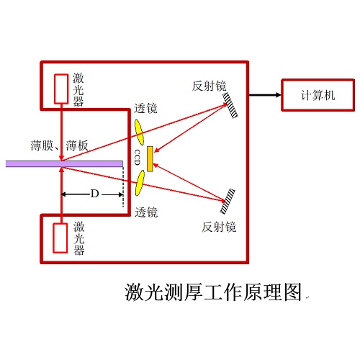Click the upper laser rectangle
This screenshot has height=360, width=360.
click(x=61, y=89)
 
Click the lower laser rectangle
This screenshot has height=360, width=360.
click(x=60, y=238)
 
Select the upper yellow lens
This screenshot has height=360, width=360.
click(x=139, y=132)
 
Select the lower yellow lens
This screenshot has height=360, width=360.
click(x=140, y=183)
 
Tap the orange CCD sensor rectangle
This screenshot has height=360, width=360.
click(x=150, y=158)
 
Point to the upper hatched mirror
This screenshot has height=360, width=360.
click(x=230, y=105)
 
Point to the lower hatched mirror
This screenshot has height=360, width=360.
click(x=228, y=201)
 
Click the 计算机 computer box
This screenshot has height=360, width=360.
click(x=318, y=95)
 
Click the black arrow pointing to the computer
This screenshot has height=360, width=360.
click(x=265, y=95)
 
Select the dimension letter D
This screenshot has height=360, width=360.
click(x=94, y=194)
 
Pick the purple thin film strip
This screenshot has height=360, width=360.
click(x=64, y=164)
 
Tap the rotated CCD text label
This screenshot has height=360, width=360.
click(x=138, y=158)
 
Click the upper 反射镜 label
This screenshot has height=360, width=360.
click(x=209, y=86)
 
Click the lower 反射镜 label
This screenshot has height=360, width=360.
click(x=219, y=227)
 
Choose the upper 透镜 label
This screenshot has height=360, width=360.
click(x=146, y=108)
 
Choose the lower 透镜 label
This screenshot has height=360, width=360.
click(x=146, y=212)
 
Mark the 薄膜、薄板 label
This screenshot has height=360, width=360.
click(x=60, y=145)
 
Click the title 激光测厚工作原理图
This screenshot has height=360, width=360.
click(x=213, y=292)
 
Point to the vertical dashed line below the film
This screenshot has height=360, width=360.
click(x=123, y=186)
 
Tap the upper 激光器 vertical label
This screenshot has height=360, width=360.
click(x=78, y=90)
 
